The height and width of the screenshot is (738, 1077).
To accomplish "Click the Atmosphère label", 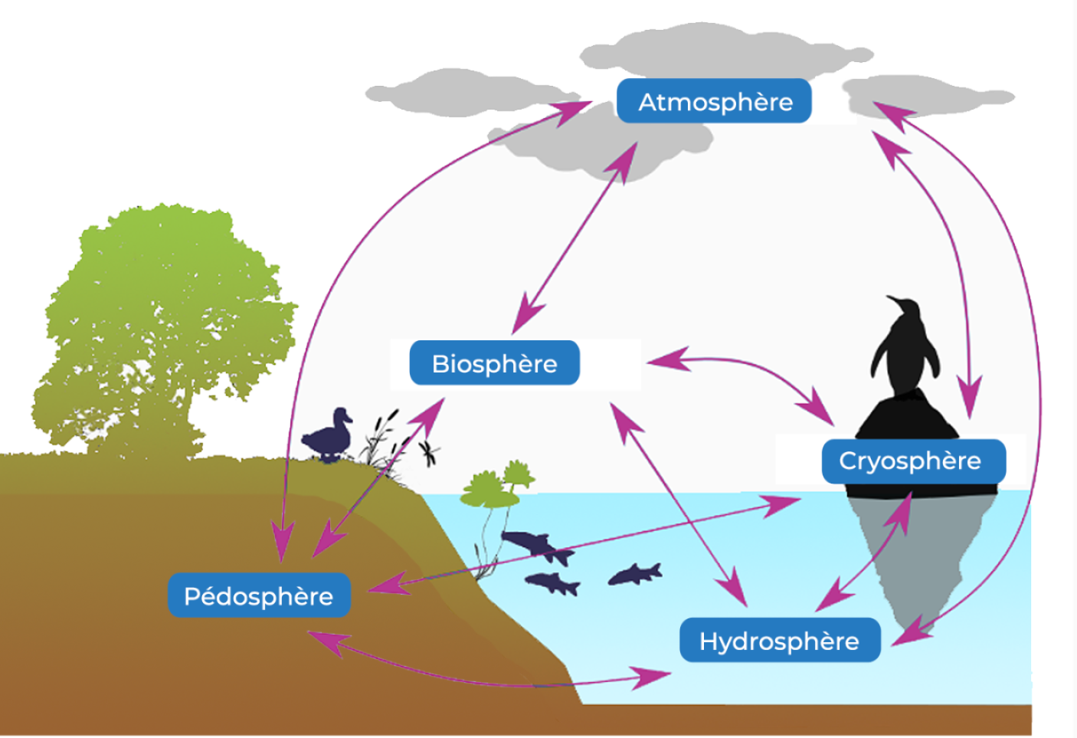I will coord(714,101).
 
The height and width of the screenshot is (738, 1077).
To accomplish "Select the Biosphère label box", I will coord(494,363).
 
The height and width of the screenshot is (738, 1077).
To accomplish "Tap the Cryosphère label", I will coord(912,461).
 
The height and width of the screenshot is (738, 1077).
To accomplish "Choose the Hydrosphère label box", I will coord(779,641).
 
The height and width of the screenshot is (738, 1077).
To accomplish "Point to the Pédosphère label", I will coord(259,595).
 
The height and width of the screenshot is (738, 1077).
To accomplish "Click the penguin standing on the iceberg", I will coord(905,349).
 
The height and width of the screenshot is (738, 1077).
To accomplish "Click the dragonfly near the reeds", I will coord(430,452).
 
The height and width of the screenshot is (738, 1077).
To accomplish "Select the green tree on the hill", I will coord(165,322).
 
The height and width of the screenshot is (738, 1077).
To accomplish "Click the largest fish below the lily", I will coord(536,546).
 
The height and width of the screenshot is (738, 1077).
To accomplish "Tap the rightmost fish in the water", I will coord(635,574).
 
